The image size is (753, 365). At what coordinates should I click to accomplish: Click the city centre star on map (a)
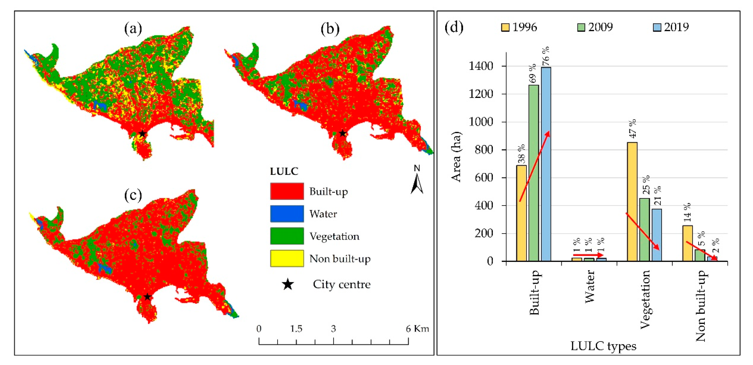(x=142, y=134)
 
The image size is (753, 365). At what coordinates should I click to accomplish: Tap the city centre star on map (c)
(x=147, y=297)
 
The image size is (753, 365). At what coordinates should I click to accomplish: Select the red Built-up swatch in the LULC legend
(x=287, y=191)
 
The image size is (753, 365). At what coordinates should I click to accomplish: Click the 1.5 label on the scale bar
(x=296, y=329)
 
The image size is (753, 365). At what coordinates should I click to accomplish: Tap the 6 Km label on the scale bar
(x=417, y=329)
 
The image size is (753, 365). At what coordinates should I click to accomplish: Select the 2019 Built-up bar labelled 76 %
(x=546, y=164)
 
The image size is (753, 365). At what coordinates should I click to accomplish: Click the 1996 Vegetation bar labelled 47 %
(x=632, y=202)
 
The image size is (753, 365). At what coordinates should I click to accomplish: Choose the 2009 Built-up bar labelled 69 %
(x=533, y=173)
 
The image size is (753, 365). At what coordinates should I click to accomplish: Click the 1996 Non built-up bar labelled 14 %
(x=688, y=243)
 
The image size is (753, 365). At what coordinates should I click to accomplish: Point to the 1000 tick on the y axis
(x=481, y=122)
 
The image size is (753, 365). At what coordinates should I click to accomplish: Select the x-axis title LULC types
(x=603, y=346)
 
